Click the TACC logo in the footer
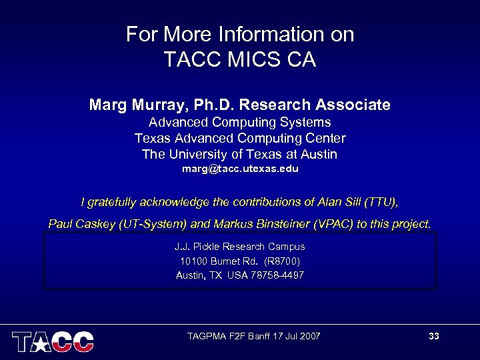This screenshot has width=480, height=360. click(x=53, y=341)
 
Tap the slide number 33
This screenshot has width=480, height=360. click(x=434, y=336)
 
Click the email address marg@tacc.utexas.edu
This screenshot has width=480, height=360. click(x=240, y=169)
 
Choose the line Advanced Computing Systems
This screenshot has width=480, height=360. click(x=240, y=123)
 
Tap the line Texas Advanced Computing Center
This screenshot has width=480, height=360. click(x=240, y=139)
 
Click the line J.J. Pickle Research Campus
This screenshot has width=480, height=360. click(x=240, y=247)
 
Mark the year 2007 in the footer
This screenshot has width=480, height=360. click(x=309, y=336)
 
